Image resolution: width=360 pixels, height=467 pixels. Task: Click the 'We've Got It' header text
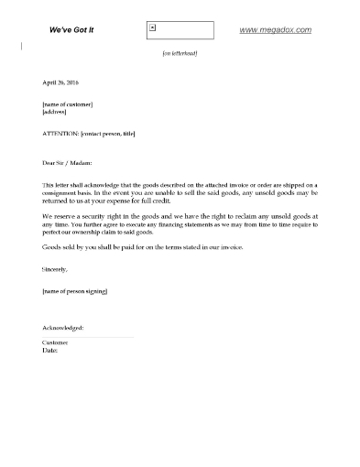click(73, 30)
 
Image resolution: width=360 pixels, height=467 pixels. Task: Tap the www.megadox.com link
click(275, 30)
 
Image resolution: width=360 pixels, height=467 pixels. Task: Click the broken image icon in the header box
click(152, 27)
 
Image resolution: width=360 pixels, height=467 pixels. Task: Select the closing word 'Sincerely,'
click(56, 270)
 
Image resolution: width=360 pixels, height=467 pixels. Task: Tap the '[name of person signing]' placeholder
click(81, 291)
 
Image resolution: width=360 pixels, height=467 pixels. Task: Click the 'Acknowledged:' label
click(63, 327)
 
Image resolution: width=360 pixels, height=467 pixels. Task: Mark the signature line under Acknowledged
click(88, 336)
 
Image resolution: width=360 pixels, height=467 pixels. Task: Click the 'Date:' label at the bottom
click(51, 350)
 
